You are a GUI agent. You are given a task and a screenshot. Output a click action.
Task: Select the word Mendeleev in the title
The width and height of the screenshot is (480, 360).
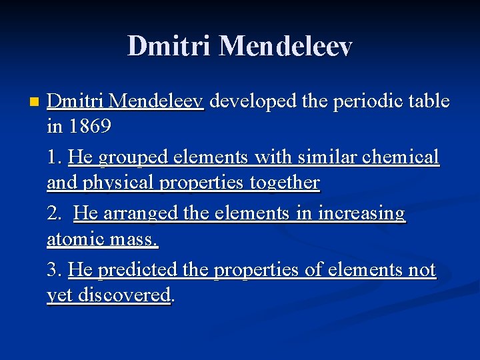tap(285, 46)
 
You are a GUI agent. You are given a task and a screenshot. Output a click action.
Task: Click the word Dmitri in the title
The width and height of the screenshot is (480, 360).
tap(169, 46)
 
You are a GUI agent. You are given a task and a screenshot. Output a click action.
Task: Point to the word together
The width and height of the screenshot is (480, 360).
tap(285, 182)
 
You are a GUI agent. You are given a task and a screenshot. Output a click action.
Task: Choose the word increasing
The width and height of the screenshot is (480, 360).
tap(363, 213)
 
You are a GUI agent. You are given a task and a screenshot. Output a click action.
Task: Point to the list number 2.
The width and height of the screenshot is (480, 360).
tap(54, 213)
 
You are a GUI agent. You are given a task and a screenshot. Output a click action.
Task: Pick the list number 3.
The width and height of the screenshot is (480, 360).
tap(54, 270)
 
